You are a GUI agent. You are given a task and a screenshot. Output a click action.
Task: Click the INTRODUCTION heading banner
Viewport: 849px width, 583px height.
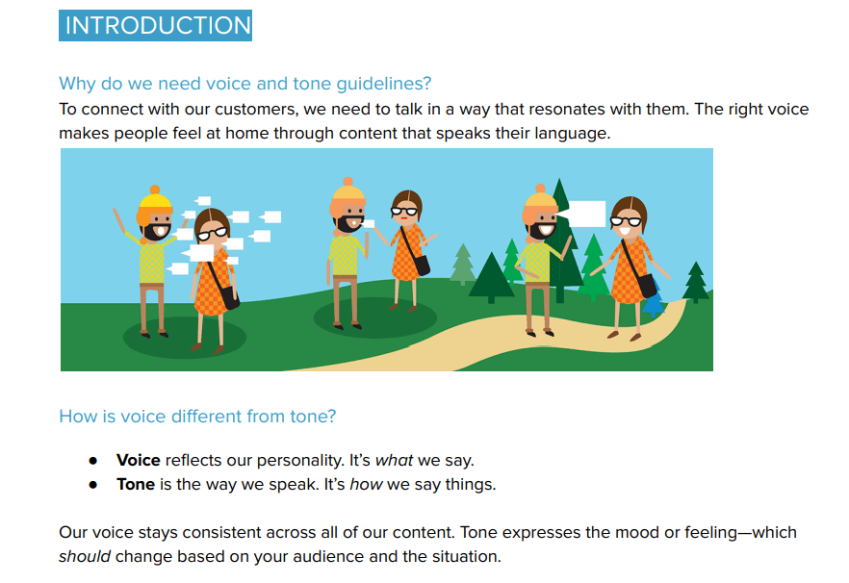pyautogui.click(x=155, y=25)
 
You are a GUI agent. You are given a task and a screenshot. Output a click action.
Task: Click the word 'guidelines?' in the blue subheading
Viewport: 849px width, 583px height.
pyautogui.click(x=384, y=84)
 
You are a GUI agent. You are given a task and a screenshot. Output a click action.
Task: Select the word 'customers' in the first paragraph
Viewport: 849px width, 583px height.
pyautogui.click(x=256, y=110)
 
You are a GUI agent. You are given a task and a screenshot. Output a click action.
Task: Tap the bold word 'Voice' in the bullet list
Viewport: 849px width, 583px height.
pyautogui.click(x=138, y=460)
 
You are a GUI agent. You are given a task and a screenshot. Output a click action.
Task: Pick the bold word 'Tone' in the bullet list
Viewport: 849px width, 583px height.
pyautogui.click(x=136, y=484)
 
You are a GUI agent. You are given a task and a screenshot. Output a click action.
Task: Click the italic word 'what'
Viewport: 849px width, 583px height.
pyautogui.click(x=395, y=460)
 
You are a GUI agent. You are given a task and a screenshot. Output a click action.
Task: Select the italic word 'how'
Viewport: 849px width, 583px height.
pyautogui.click(x=366, y=484)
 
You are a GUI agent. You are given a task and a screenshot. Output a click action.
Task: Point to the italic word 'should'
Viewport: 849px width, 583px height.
pyautogui.click(x=85, y=556)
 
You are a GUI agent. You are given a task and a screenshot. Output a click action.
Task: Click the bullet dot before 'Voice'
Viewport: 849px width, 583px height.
pyautogui.click(x=93, y=461)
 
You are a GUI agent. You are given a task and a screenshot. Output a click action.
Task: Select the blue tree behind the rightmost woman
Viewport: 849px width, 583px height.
pyautogui.click(x=654, y=300)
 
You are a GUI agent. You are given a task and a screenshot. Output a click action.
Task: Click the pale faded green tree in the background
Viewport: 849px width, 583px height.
pyautogui.click(x=462, y=265)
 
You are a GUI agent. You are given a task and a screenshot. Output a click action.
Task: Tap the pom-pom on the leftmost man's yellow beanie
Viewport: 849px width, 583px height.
pyautogui.click(x=155, y=190)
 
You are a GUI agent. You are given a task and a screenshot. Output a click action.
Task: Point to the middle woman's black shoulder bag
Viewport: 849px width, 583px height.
pyautogui.click(x=420, y=265)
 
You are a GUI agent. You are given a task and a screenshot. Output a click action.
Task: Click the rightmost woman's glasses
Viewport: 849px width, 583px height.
pyautogui.click(x=626, y=221)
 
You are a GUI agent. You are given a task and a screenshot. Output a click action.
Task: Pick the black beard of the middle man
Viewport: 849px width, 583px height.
pyautogui.click(x=348, y=224)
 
